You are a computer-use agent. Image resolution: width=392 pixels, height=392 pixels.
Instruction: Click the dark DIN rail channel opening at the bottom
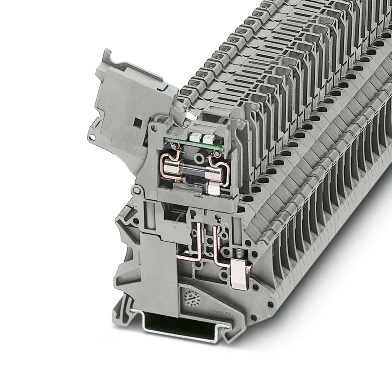point(183,321)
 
